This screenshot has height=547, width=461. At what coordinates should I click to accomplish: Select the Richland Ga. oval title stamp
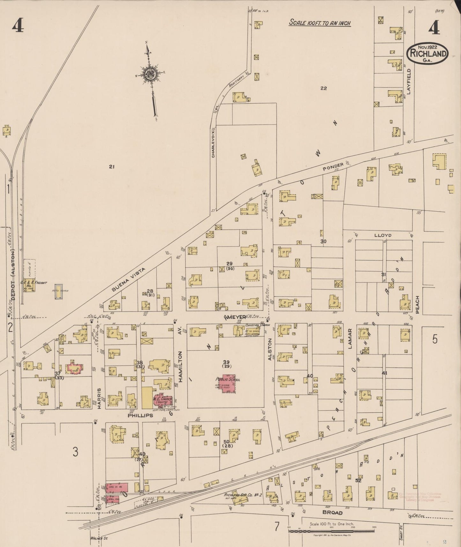(x=428, y=55)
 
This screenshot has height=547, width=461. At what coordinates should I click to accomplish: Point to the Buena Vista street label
(x=128, y=280)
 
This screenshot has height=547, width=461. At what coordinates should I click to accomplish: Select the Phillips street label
(x=140, y=416)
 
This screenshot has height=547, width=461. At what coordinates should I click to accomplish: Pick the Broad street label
(x=332, y=513)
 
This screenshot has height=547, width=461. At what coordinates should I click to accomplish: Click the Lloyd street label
(x=383, y=235)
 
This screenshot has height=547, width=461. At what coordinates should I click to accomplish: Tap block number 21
(x=111, y=166)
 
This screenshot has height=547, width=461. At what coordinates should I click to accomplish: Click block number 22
(x=323, y=88)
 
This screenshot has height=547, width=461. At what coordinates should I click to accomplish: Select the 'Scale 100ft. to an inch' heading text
(x=320, y=23)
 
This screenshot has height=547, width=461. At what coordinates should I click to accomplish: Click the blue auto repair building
(x=58, y=292)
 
